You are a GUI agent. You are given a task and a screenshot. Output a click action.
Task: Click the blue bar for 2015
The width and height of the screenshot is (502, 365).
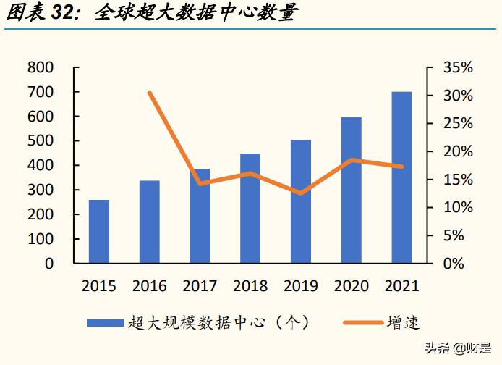tap(99, 231)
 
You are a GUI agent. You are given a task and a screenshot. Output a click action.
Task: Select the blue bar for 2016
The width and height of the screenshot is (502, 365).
tap(150, 222)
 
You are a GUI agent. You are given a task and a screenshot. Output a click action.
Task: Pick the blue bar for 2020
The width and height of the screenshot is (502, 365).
tap(352, 190)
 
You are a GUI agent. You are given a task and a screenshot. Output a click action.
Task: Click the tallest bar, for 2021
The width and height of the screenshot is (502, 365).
tap(401, 177)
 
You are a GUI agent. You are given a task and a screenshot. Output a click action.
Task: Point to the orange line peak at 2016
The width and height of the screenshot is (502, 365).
tap(150, 93)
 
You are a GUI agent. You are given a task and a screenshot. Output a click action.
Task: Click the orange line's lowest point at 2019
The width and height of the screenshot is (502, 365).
tap(301, 193)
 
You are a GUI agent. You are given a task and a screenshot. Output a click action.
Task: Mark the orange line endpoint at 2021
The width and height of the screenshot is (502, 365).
tap(401, 167)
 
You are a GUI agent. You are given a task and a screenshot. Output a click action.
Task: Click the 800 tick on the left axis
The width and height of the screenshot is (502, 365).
tap(41, 68)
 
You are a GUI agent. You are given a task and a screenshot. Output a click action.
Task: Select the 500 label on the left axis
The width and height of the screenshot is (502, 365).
tap(41, 141)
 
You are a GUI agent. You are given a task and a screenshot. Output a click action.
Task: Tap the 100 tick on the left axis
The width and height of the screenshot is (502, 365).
tap(41, 239)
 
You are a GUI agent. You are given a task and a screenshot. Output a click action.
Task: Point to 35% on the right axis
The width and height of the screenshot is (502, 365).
tap(458, 68)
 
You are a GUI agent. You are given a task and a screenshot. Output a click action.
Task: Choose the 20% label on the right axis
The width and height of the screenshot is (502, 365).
tap(458, 152)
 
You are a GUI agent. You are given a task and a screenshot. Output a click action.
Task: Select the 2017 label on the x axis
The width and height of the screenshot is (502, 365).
tap(200, 285)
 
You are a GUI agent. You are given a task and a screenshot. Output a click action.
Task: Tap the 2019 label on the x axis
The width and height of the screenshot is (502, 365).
tap(301, 285)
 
